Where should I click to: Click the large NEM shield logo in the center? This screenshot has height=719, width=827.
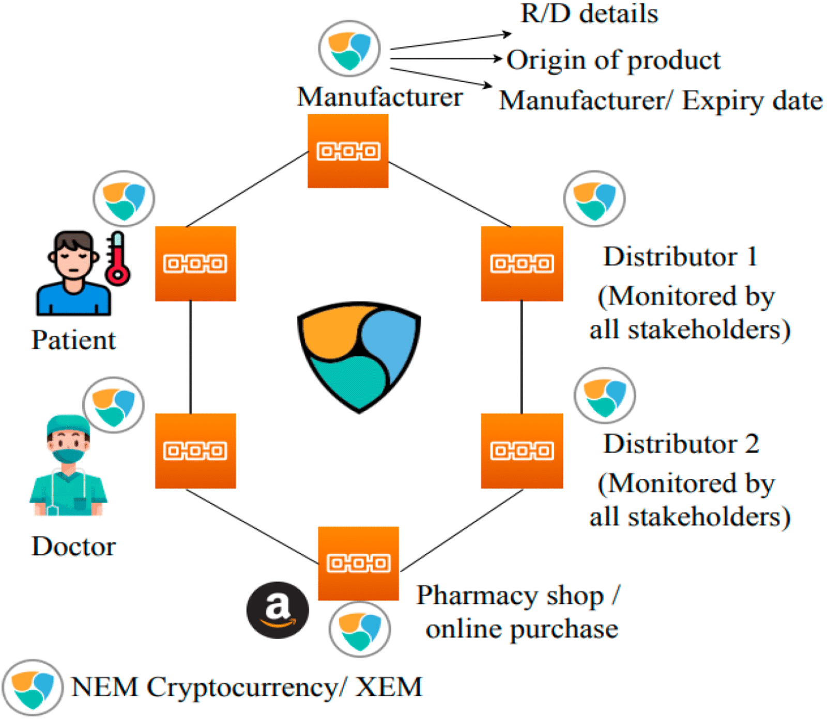[x=359, y=356]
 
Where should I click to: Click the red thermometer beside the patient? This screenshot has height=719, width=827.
[x=117, y=260]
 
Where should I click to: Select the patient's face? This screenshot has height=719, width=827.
[x=73, y=259]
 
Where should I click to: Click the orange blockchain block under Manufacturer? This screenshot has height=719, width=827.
[x=348, y=151]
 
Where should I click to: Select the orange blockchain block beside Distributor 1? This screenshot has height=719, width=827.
[x=522, y=263]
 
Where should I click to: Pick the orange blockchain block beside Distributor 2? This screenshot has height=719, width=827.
[x=522, y=450]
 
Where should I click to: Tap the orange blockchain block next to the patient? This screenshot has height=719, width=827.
[x=195, y=263]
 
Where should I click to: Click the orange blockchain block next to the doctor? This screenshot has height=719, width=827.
[x=195, y=450]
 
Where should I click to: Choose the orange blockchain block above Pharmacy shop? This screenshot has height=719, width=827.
[x=358, y=563]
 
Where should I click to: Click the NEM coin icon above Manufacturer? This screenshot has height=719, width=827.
[x=349, y=49]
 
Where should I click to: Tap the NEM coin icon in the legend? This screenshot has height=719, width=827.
[x=32, y=687]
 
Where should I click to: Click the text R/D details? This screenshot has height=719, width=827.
[x=589, y=14]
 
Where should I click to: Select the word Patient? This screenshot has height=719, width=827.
[x=73, y=340]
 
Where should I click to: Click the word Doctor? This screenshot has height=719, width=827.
[x=73, y=546]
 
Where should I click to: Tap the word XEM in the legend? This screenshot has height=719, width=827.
[x=389, y=687]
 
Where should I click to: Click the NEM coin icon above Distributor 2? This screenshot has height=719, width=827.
[x=604, y=396]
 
